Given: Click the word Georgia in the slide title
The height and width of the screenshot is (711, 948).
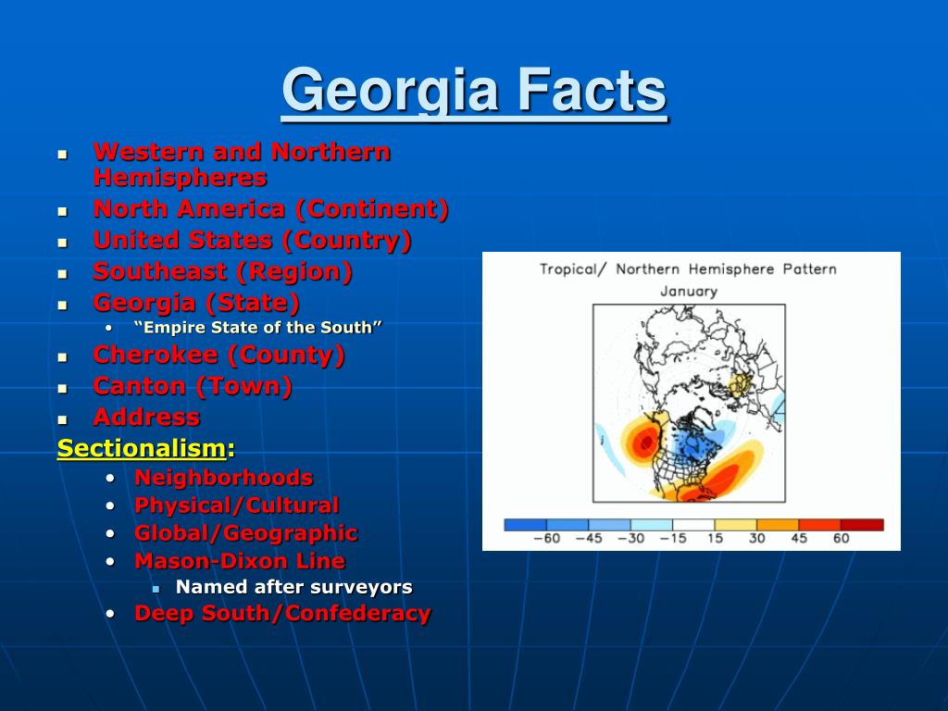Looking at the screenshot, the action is [x=390, y=91].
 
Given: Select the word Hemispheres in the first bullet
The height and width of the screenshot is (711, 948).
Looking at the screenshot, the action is [x=181, y=178].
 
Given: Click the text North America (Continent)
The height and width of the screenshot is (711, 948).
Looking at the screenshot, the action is [x=271, y=209].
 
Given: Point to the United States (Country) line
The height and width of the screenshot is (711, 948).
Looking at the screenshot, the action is [x=252, y=240].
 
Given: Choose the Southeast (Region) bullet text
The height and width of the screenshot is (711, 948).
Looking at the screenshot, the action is [x=222, y=271].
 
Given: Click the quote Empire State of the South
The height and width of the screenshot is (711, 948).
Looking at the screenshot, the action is [x=258, y=327].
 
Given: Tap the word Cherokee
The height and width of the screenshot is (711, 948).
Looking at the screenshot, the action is [x=156, y=355].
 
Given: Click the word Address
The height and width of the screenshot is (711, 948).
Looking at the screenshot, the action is [x=146, y=418].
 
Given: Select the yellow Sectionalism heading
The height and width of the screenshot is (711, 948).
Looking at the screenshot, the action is [x=142, y=449].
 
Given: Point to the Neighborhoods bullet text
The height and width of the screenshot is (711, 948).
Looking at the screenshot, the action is [x=224, y=478].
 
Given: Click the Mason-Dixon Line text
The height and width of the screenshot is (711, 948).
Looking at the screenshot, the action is [x=240, y=561].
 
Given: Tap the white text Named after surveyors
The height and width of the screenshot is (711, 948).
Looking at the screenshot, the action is [x=293, y=586].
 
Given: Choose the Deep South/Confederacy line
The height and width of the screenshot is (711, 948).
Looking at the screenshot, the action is [x=282, y=613].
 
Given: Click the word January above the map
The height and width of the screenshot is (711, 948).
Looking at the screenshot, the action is [x=689, y=292].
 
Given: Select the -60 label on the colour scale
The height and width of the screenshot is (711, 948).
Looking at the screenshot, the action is [x=546, y=538].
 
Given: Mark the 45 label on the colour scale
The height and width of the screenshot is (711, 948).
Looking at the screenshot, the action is [x=799, y=538].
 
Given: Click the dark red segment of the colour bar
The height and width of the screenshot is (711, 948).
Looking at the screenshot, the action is [x=862, y=525].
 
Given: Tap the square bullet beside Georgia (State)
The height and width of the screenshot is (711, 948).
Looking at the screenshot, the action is [x=62, y=306].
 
